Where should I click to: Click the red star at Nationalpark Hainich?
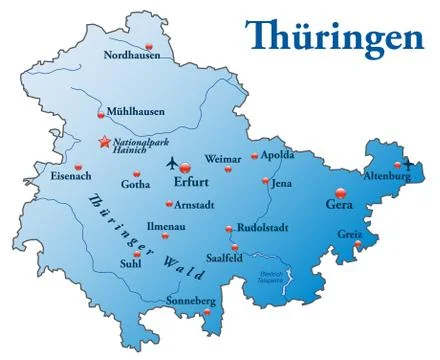click(104, 143)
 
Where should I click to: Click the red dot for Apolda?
click(255, 155)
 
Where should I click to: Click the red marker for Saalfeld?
click(235, 247)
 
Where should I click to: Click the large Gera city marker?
click(340, 193)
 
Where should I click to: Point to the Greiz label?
click(350, 236)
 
